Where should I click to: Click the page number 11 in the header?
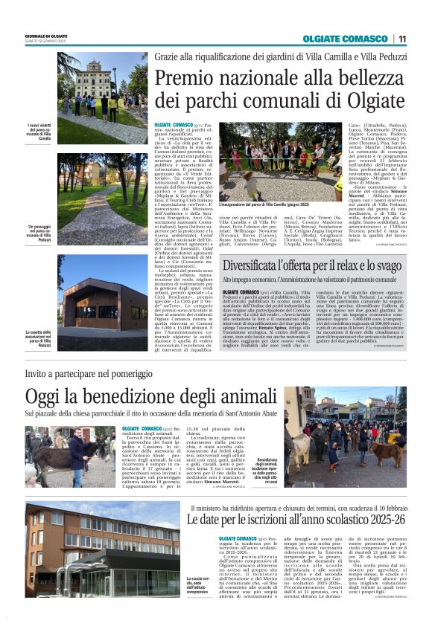(x=402, y=39)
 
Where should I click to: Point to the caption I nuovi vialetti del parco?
(x=39, y=131)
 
